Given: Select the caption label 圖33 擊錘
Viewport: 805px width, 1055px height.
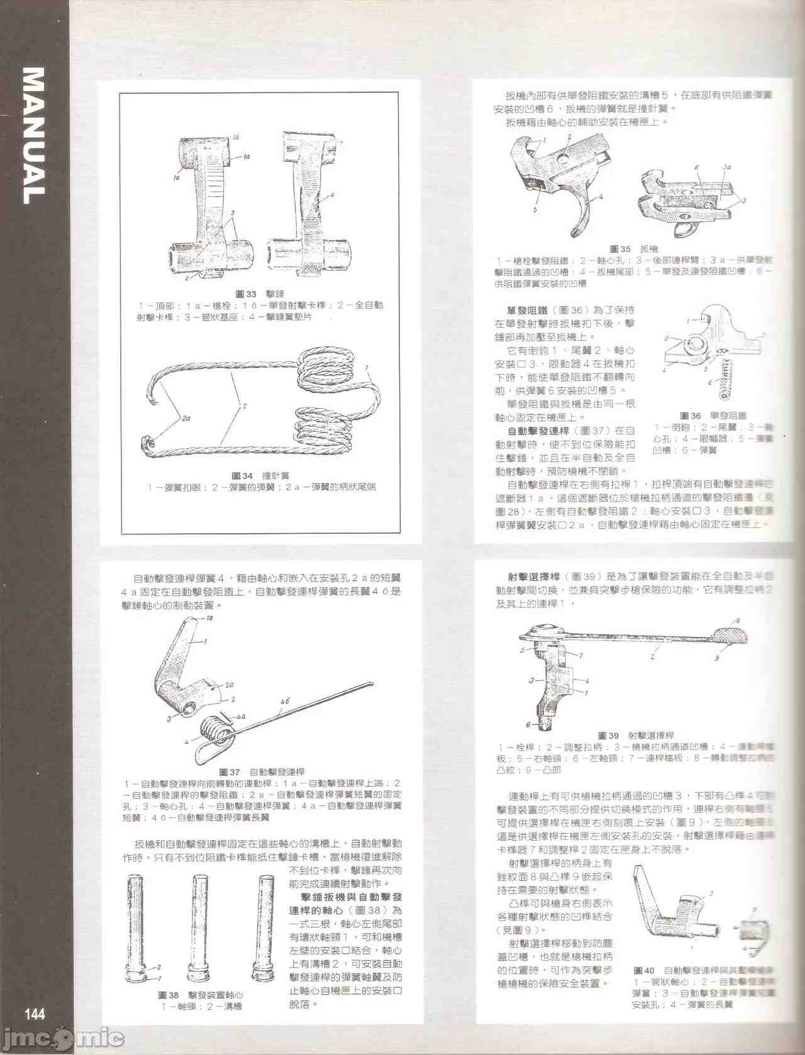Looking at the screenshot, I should (x=259, y=294).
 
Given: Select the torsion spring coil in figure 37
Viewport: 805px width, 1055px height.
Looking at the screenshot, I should (x=214, y=732).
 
